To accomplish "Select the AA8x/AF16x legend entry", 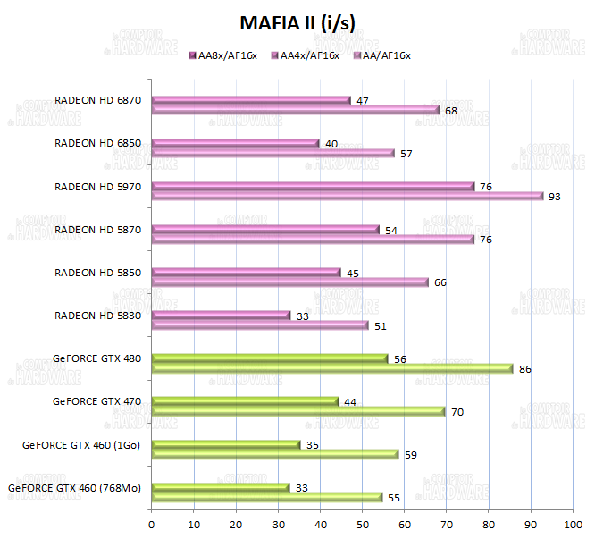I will pyautogui.click(x=225, y=55).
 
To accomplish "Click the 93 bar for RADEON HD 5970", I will pyautogui.click(x=348, y=196).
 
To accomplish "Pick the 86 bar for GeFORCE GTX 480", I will pyautogui.click(x=332, y=368).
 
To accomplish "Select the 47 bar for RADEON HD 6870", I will pyautogui.click(x=251, y=100).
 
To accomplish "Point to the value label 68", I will pyautogui.click(x=451, y=111).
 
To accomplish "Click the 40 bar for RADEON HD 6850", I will pyautogui.click(x=236, y=143).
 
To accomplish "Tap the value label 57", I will pyautogui.click(x=406, y=154).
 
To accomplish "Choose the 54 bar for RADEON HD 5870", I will pyautogui.click(x=265, y=230).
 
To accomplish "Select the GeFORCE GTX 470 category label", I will pyautogui.click(x=97, y=400).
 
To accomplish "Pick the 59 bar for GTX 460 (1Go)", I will pyautogui.click(x=276, y=454).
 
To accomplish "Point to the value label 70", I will pyautogui.click(x=457, y=412).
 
